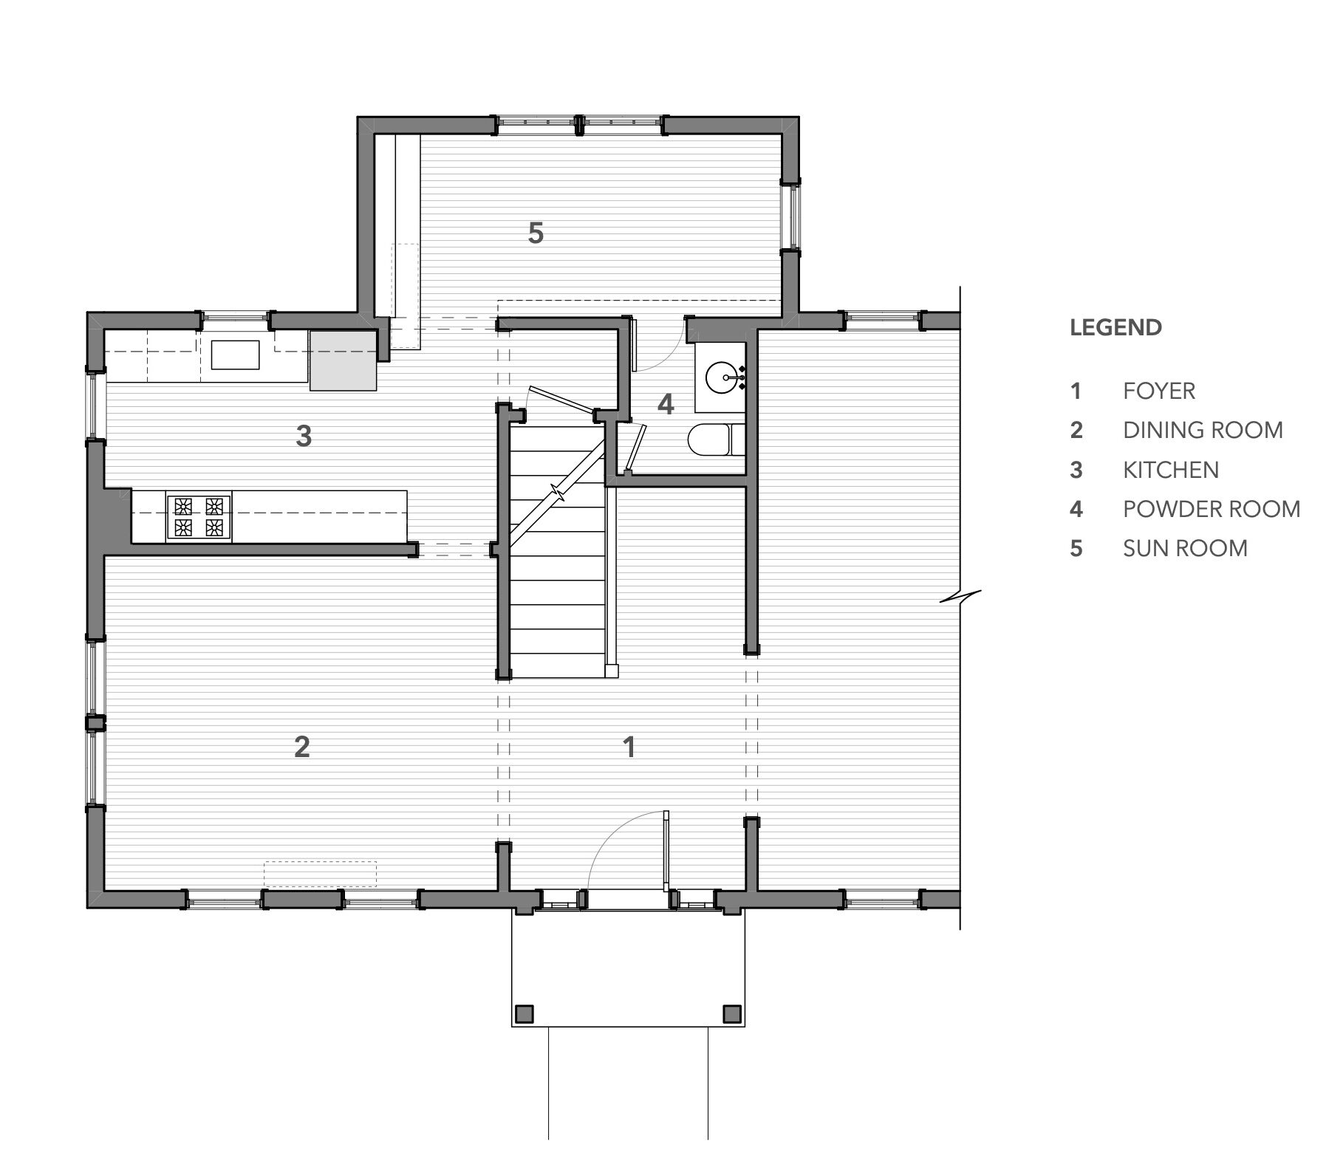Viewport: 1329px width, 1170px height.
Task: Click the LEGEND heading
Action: (1116, 327)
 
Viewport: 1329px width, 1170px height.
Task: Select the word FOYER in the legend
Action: (1158, 391)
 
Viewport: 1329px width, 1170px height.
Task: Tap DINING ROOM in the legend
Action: (1203, 430)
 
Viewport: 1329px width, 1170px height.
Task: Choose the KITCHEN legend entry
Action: (1171, 470)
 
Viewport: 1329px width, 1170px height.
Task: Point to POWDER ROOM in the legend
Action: (1212, 509)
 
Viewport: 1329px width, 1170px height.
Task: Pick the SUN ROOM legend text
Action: (1185, 548)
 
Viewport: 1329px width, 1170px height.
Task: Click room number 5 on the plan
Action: (536, 233)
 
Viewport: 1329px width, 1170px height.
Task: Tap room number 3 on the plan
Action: (304, 437)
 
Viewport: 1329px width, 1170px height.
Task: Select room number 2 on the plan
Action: (301, 747)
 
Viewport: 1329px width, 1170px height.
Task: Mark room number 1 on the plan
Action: (629, 747)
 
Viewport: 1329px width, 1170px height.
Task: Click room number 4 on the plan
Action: (666, 404)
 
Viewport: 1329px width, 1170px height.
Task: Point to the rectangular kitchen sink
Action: (236, 354)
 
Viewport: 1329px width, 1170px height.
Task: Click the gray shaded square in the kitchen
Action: (344, 360)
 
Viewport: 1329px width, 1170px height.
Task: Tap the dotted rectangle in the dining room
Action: (321, 874)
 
